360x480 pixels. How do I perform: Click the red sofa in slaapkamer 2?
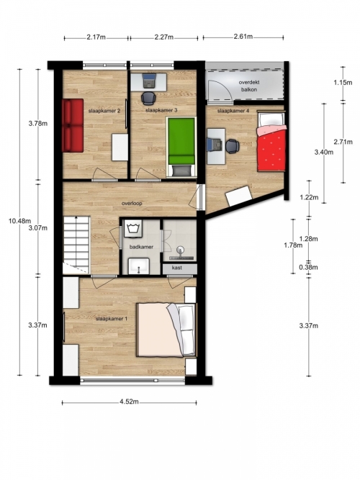tap(73, 125)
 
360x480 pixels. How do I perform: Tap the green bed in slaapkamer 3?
tap(181, 147)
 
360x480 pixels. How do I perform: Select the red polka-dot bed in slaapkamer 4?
tap(271, 142)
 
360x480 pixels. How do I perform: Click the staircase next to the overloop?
tap(76, 245)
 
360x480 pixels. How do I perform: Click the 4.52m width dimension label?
tap(129, 402)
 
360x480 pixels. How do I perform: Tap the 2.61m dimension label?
tap(243, 37)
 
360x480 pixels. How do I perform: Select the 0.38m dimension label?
tap(309, 267)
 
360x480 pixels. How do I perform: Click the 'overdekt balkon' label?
tap(249, 86)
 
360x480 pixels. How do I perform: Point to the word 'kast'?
tap(177, 268)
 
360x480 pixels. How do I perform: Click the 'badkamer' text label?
tap(141, 247)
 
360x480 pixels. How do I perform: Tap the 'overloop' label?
tap(132, 203)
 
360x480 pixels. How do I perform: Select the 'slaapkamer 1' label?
tap(111, 319)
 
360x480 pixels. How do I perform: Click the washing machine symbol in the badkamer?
tap(134, 228)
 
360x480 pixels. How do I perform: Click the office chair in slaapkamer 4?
tap(233, 146)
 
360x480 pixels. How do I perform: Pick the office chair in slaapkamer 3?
tap(148, 99)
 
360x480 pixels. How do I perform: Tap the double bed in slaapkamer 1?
tap(166, 330)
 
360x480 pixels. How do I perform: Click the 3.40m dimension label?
tap(324, 152)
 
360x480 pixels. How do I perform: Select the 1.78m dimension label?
tap(293, 245)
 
